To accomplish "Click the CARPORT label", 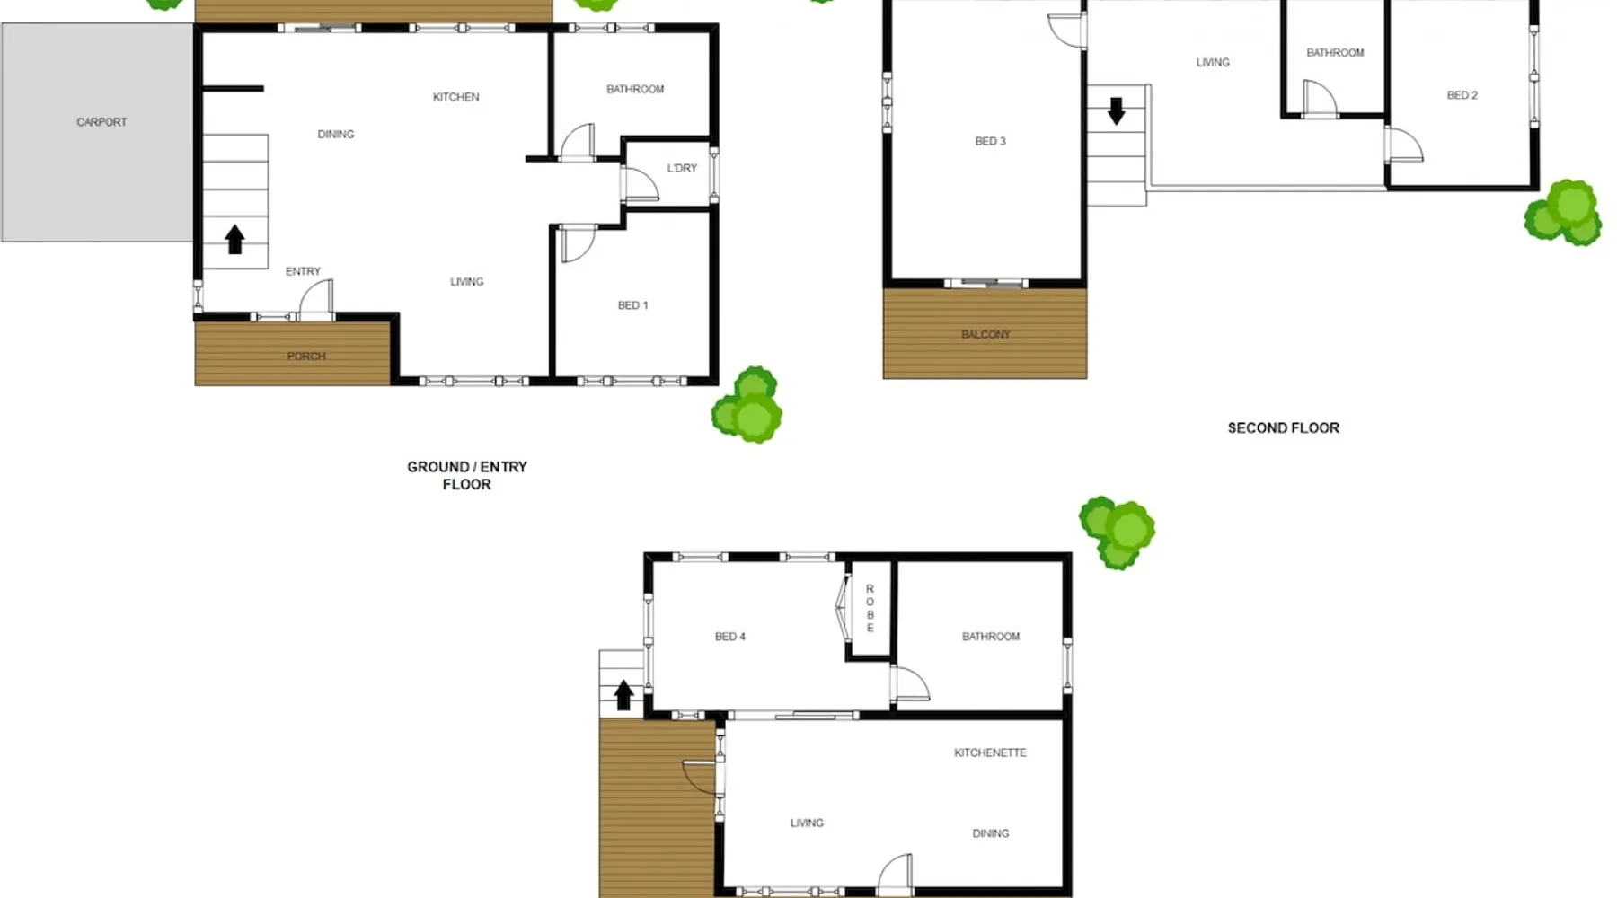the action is click(102, 122).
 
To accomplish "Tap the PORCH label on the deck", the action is click(306, 357).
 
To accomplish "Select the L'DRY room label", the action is click(682, 168).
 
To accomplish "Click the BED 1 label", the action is click(632, 305).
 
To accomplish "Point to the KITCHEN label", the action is click(455, 97).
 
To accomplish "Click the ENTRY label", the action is click(303, 271).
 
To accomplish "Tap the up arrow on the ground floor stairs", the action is click(234, 239).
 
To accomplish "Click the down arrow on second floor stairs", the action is click(1116, 110).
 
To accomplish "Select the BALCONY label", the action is click(985, 335).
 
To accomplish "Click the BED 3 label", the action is click(990, 141).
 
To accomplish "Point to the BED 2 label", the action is click(1462, 95).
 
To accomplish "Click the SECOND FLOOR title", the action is click(1283, 428).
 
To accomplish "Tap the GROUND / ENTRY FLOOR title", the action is click(467, 475).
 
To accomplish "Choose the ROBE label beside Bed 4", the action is click(870, 608).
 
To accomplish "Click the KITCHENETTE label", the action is click(990, 753).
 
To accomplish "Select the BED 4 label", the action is click(729, 637).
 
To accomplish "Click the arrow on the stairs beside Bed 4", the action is click(623, 694).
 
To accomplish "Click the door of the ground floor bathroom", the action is click(579, 141).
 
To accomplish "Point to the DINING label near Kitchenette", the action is click(990, 833).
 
